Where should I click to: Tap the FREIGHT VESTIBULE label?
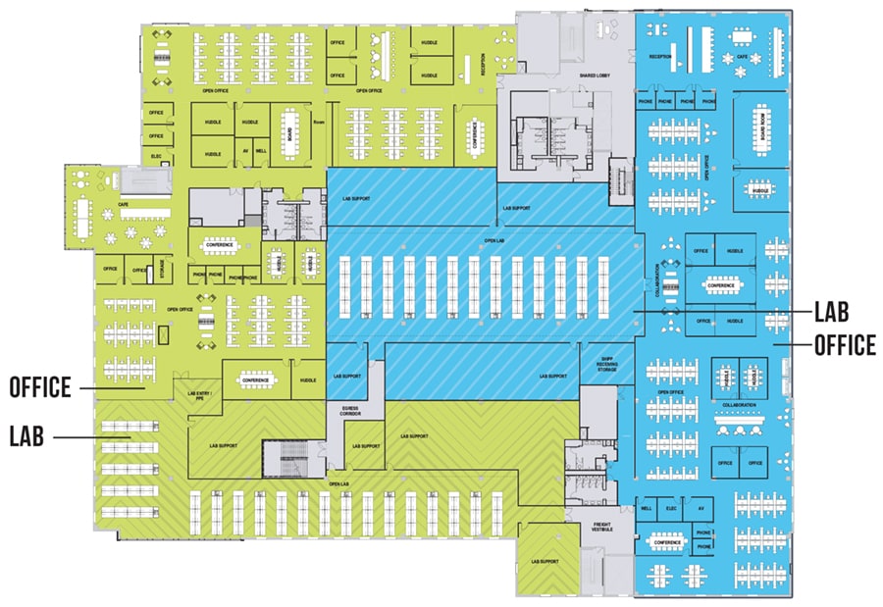[x=602, y=527]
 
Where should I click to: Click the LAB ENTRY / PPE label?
[x=199, y=396]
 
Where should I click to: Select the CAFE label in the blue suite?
[x=742, y=57]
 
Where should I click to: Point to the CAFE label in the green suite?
[x=124, y=204]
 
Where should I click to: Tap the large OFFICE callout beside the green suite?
[x=39, y=387]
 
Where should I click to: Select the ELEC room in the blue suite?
[x=672, y=509]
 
